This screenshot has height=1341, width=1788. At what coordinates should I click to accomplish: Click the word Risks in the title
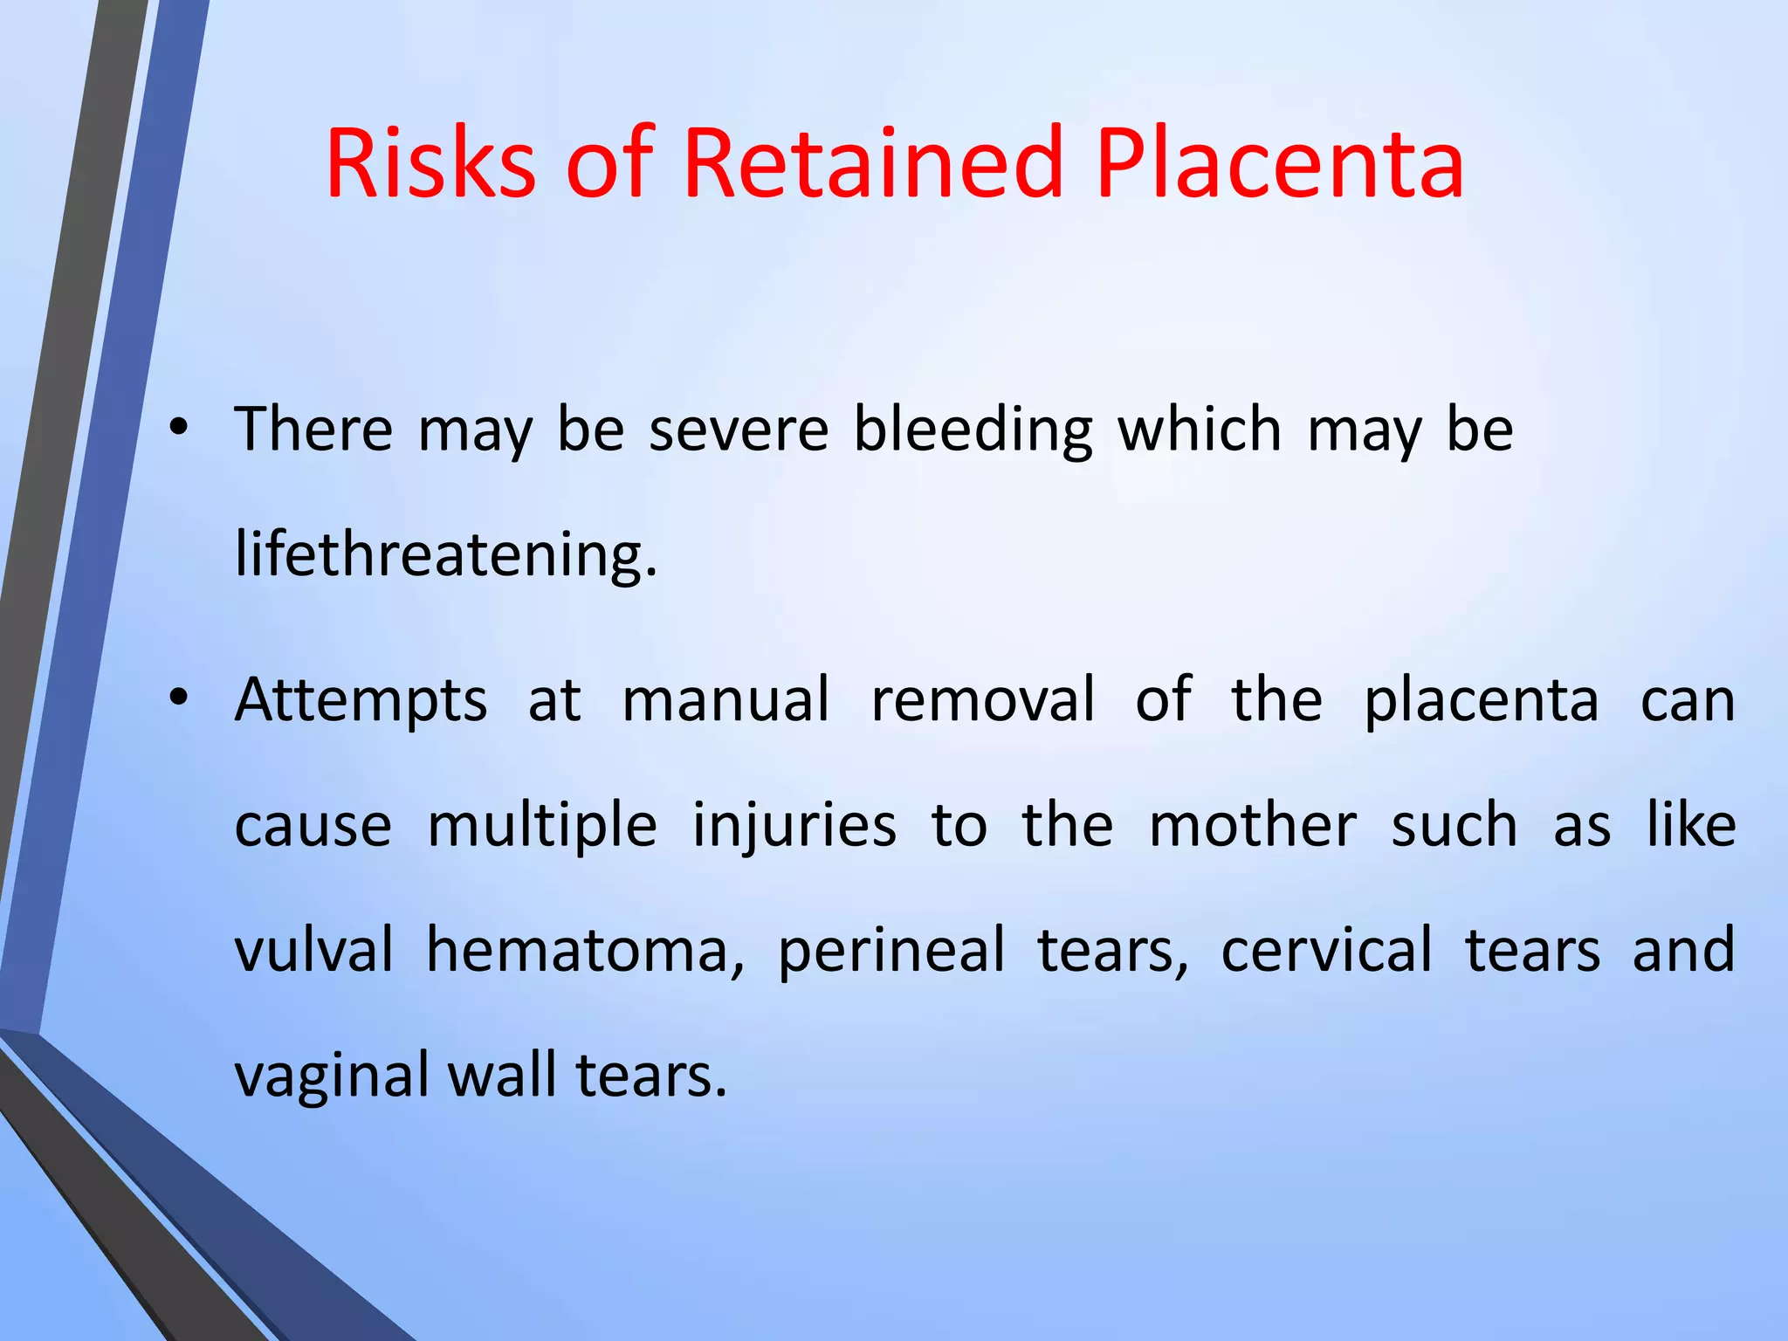pyautogui.click(x=430, y=164)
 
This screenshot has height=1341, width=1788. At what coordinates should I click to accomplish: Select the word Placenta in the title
pyautogui.click(x=1279, y=164)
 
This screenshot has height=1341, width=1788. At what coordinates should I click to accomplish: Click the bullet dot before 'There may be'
pyautogui.click(x=179, y=428)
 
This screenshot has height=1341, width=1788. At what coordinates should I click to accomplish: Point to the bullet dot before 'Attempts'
pyautogui.click(x=179, y=698)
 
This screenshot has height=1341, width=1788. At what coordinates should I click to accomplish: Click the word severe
pyautogui.click(x=739, y=430)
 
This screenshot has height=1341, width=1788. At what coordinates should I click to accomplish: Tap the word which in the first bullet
pyautogui.click(x=1200, y=430)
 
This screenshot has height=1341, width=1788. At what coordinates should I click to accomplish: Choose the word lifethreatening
pyautogui.click(x=445, y=555)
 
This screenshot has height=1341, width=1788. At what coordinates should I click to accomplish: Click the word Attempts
pyautogui.click(x=361, y=701)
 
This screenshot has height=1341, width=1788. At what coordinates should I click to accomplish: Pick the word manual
pyautogui.click(x=726, y=699)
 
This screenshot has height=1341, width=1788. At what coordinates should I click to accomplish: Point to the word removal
pyautogui.click(x=983, y=699)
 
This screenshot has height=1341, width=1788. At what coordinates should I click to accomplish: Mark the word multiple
pyautogui.click(x=542, y=826)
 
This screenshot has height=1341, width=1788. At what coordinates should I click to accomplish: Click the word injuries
pyautogui.click(x=794, y=826)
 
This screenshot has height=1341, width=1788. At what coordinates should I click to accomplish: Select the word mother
pyautogui.click(x=1253, y=826)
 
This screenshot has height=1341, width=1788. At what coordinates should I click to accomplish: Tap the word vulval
pyautogui.click(x=314, y=950)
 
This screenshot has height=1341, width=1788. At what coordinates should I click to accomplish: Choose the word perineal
pyautogui.click(x=891, y=952)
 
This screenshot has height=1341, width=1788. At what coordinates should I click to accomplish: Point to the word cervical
pyautogui.click(x=1326, y=950)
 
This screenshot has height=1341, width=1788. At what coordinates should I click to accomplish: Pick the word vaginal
pyautogui.click(x=331, y=1076)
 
